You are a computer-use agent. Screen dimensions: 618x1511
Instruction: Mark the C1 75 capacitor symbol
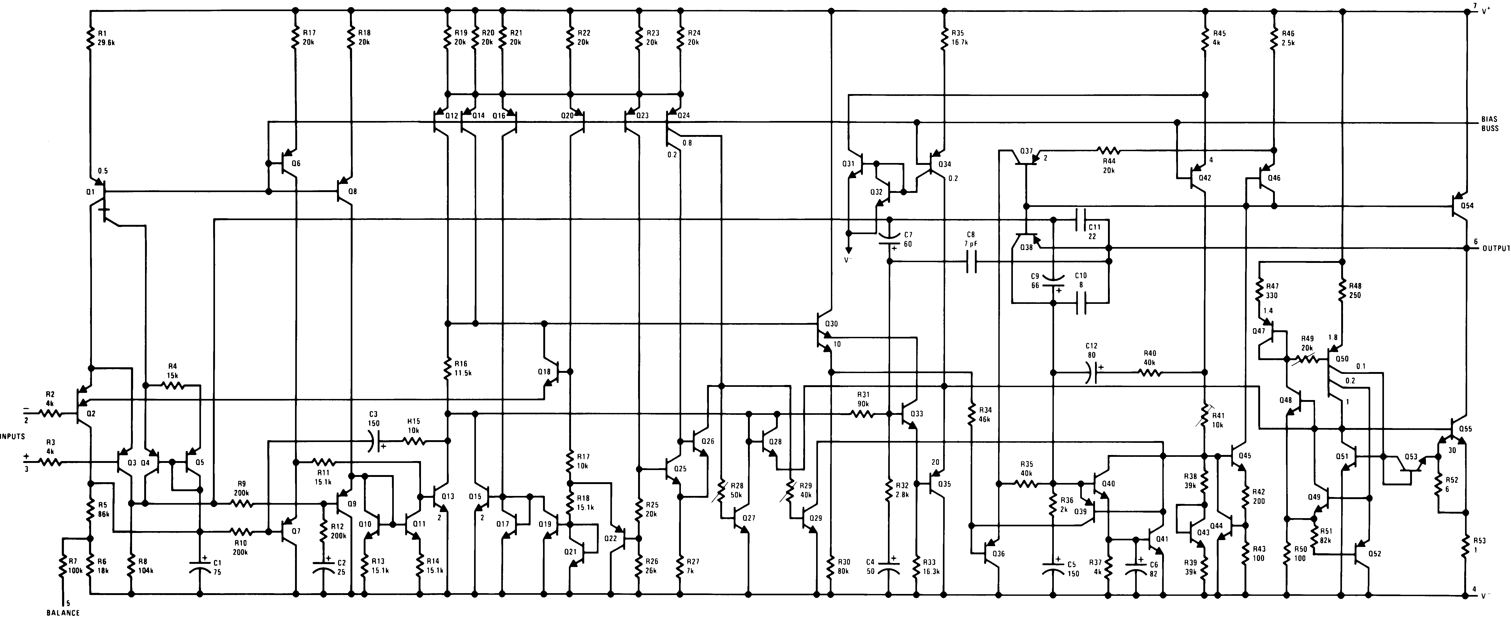(199, 567)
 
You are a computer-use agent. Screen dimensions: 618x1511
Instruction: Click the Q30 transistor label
(832, 324)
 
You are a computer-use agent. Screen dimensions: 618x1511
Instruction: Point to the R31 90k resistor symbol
(863, 414)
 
